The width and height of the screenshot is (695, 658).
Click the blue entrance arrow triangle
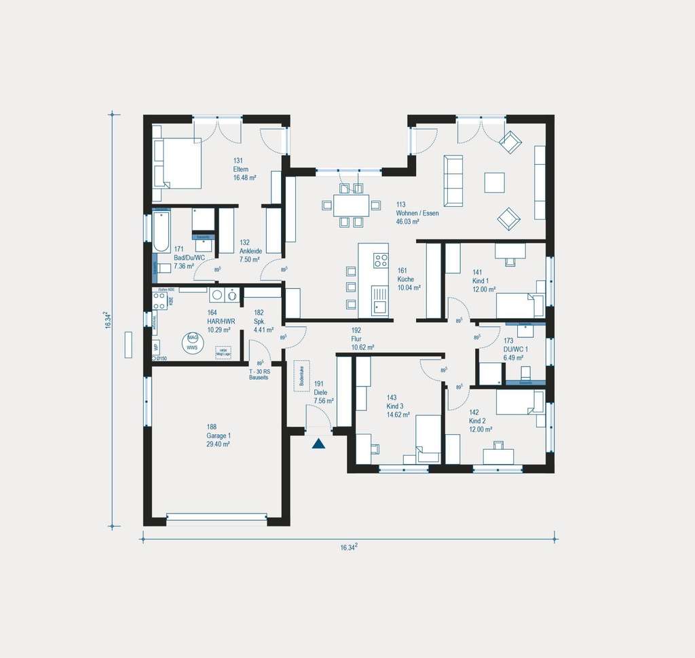pos(318,444)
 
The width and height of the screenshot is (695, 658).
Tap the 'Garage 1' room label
pos(218,435)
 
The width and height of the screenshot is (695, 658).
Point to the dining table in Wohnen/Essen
pos(351,204)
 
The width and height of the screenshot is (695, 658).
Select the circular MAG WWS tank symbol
pos(193,342)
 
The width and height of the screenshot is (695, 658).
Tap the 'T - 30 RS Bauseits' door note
pos(259,374)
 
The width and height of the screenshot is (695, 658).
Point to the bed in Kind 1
pos(519,305)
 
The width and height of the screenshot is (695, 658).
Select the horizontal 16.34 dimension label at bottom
pos(349,547)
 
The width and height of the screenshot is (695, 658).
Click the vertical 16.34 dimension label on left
pos(107,320)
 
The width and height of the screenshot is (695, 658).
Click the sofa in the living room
pos(453,180)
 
